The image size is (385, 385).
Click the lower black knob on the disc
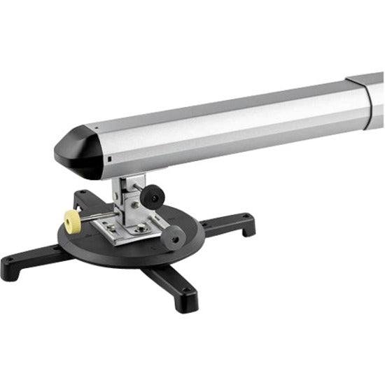[x=176, y=236]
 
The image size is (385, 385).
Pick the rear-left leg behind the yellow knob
[x=87, y=199]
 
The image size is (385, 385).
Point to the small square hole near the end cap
[x=111, y=160]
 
